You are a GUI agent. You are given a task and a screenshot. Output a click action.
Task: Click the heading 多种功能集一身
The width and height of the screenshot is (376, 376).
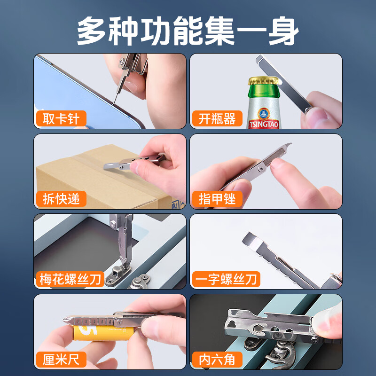(x=188, y=31)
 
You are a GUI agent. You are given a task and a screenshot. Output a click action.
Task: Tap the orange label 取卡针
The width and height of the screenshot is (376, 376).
(x=61, y=118)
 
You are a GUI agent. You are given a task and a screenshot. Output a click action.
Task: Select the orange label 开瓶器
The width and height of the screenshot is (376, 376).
(x=217, y=118)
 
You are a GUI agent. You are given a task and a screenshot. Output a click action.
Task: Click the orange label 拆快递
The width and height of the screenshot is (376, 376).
(x=61, y=199)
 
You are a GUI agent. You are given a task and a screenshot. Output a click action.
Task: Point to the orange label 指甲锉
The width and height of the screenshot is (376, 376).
(x=217, y=199)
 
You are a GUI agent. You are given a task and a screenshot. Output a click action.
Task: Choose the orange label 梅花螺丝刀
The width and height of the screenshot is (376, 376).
(x=70, y=279)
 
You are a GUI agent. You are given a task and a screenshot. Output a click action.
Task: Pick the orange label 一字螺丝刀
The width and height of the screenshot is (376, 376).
(x=226, y=279)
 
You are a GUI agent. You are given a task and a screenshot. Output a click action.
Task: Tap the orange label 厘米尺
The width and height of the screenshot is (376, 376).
(x=61, y=360)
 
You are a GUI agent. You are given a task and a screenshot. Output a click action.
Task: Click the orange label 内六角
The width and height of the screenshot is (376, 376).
(x=217, y=360)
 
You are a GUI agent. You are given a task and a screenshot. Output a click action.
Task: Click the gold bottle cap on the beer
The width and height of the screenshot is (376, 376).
(x=264, y=81)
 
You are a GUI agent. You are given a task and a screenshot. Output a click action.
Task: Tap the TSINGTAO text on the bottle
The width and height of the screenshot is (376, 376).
(x=264, y=125)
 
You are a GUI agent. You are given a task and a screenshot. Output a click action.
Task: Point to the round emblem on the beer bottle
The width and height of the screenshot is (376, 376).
(x=264, y=114)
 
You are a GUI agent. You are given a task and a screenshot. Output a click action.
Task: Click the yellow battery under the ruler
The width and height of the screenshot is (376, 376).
(x=103, y=333)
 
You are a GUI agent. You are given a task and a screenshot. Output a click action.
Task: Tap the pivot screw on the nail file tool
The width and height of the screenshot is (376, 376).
(x=261, y=169)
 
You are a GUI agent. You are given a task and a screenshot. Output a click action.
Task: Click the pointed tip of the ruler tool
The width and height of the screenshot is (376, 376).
(x=64, y=320)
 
